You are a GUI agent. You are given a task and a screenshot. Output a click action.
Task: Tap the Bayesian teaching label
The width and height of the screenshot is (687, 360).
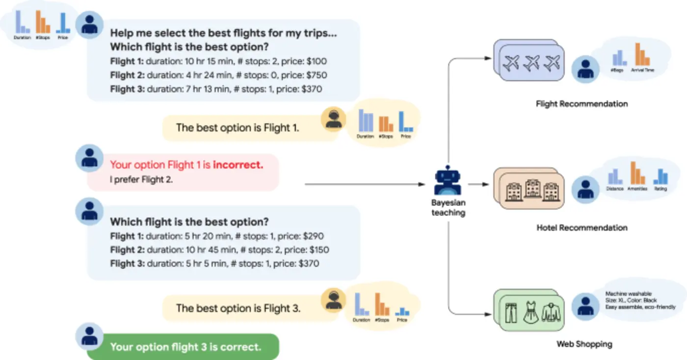point(448,207)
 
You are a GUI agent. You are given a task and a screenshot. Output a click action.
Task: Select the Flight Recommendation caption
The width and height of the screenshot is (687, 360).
point(581,104)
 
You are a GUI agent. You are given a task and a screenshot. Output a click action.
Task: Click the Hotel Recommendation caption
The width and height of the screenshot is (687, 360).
point(581,228)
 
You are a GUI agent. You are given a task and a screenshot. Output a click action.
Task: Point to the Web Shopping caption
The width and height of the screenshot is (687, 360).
point(584,344)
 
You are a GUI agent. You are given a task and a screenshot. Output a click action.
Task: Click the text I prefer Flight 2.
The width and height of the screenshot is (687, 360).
point(141,180)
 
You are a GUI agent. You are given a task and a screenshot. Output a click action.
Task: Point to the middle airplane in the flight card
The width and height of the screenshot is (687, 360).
point(532,62)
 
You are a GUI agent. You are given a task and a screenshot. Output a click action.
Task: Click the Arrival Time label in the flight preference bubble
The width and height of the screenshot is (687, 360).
point(642,71)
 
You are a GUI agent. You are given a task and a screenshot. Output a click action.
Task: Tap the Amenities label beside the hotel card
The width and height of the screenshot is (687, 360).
point(637,188)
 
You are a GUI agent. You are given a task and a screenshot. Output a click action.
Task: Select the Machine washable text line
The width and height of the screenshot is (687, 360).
point(629,294)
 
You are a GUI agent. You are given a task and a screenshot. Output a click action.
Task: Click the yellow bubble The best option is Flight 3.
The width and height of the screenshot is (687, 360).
point(238,309)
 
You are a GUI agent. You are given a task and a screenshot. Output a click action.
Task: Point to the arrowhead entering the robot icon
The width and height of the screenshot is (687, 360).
point(422,184)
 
